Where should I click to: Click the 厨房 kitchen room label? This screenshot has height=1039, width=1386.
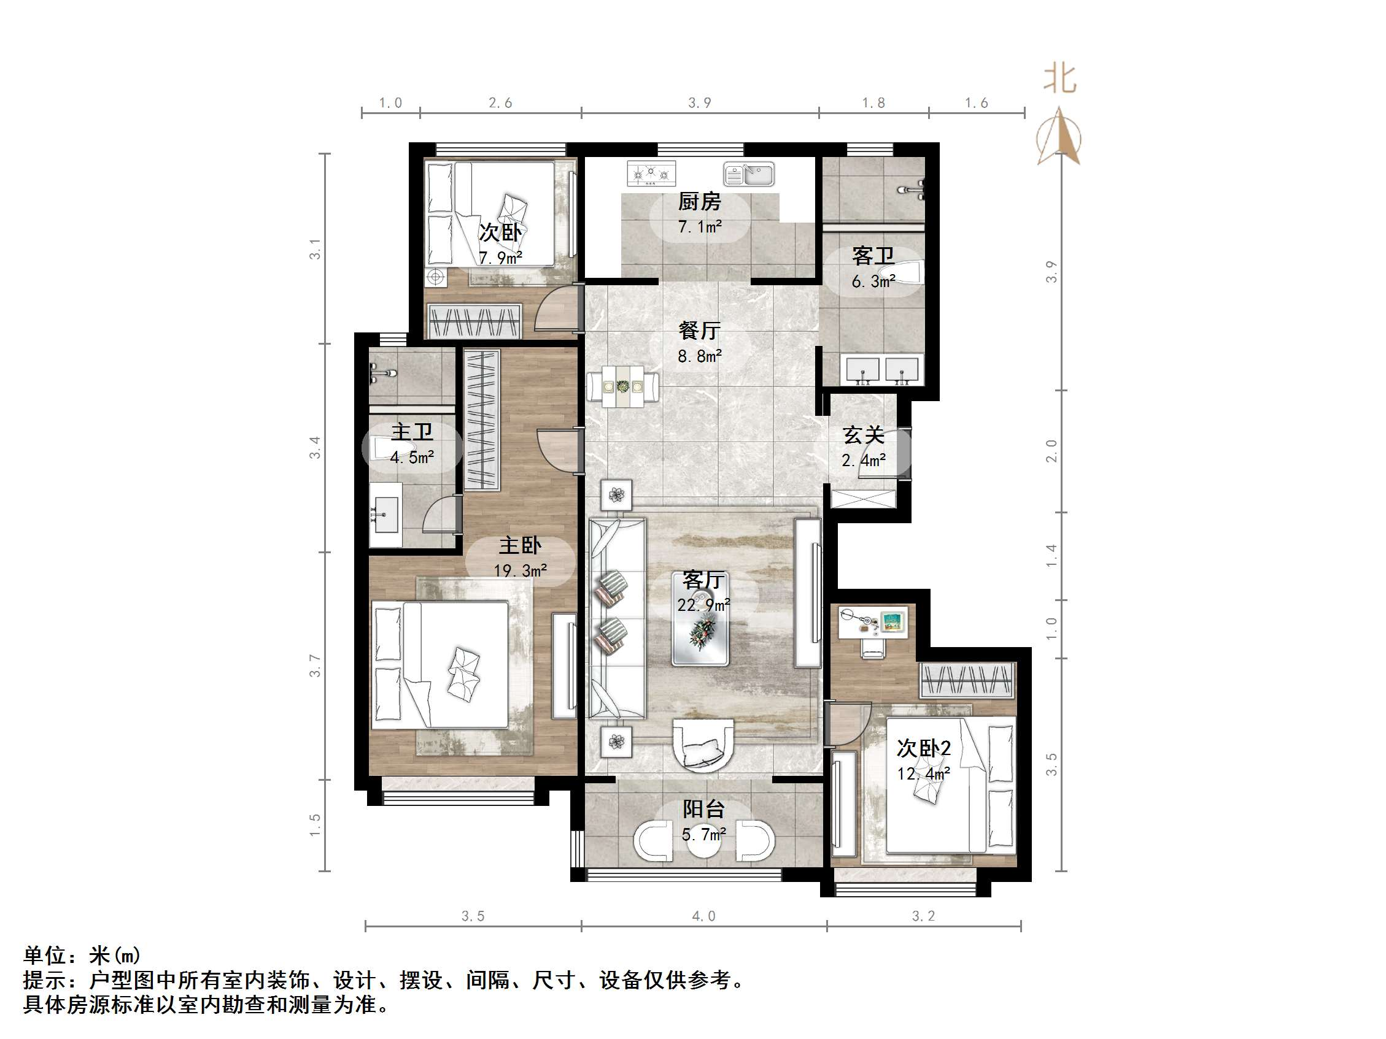[699, 202]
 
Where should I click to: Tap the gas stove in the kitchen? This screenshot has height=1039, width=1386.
[651, 174]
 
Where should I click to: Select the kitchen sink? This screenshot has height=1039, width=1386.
[749, 174]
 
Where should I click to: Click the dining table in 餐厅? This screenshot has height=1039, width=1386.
[623, 386]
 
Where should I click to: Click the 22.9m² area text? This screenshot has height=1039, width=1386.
[703, 605]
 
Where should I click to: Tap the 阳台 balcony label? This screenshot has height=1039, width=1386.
[703, 809]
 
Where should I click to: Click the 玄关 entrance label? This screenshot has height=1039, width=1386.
[863, 435]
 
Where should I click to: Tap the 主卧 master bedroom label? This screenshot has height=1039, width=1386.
[519, 545]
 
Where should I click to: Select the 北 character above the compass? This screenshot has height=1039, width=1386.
[1059, 80]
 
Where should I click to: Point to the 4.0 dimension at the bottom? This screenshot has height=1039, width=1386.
[703, 916]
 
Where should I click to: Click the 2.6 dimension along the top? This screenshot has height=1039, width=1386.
[500, 102]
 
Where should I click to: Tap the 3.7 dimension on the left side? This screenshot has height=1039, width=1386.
[314, 665]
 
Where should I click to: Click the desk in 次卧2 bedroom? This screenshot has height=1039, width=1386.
[872, 623]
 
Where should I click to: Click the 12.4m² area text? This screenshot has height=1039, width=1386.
[923, 773]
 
